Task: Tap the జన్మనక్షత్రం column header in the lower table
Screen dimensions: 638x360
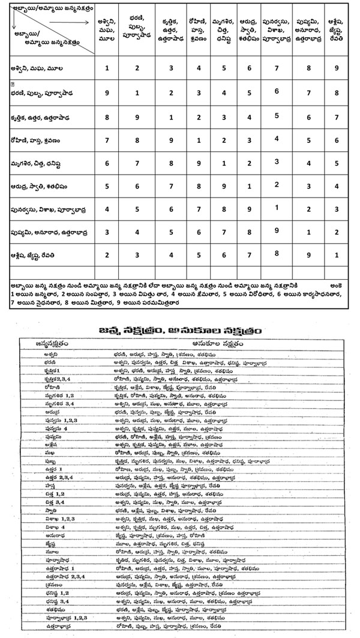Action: (x=52, y=343)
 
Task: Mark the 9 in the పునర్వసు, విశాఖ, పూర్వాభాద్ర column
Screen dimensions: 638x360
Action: (x=277, y=230)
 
